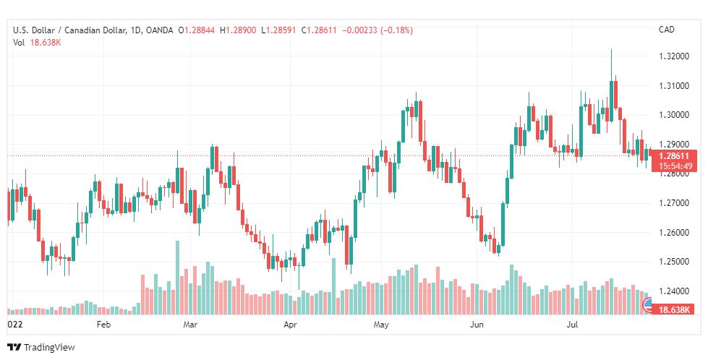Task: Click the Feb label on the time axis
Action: (x=103, y=325)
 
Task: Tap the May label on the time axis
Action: (x=381, y=325)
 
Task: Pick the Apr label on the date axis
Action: (x=291, y=325)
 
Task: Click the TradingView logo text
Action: (x=49, y=348)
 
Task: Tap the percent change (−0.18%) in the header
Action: (x=396, y=30)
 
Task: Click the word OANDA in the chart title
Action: (x=158, y=30)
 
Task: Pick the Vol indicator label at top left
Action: (x=19, y=42)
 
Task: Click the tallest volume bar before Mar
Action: (x=177, y=278)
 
